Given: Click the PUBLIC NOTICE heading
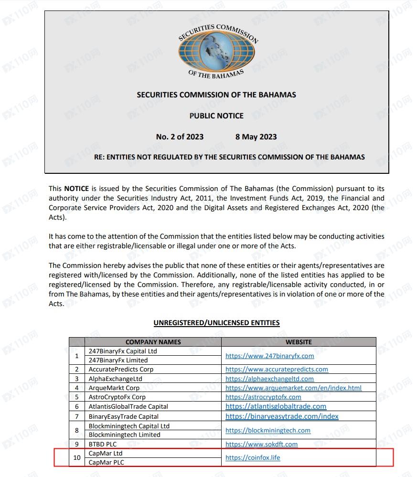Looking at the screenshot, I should pos(216,116).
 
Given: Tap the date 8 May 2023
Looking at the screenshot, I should pos(256,137).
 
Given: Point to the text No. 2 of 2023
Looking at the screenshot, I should pos(180,137).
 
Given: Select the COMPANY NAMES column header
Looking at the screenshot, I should pos(153,342).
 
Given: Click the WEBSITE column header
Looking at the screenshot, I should pos(299,342).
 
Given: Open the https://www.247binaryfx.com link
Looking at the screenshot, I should pos(269,356).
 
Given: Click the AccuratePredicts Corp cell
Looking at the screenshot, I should pos(121,369).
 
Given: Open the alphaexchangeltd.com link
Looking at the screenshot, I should pos(269,379).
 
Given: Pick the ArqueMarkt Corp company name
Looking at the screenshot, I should pos(114,388).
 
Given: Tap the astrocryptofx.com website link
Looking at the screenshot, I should pos(263,397).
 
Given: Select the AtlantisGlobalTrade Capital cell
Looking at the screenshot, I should pos(128,406).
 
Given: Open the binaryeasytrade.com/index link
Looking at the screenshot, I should pos(282,416).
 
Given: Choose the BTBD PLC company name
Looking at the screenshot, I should pos(102,444).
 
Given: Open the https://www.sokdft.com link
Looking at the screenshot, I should pos(261,444).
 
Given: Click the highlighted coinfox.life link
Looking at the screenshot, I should pos(253,457).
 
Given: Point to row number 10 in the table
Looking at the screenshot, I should pos(77,457).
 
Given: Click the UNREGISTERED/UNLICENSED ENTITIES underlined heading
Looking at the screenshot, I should pos(216,323).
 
